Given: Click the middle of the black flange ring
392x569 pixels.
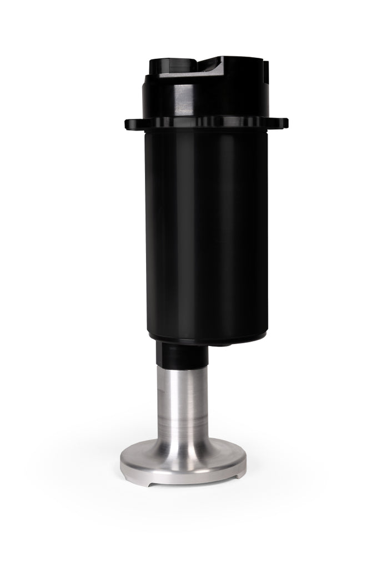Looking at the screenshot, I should coord(207,123).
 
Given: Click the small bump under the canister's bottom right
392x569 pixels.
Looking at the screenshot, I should coord(222,344).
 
